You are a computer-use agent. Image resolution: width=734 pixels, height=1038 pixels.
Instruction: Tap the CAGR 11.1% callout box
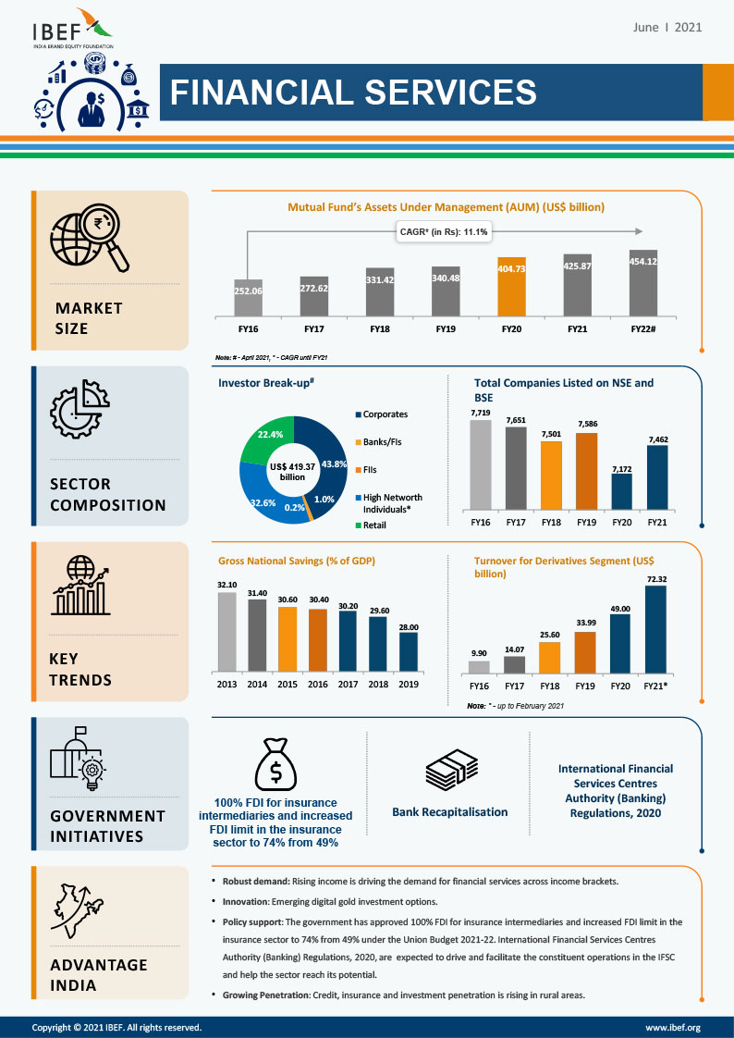coord(445,231)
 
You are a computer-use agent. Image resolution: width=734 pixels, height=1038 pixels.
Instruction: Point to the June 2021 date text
coord(667,27)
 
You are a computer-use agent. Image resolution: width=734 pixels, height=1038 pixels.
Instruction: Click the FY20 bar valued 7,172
coord(622,491)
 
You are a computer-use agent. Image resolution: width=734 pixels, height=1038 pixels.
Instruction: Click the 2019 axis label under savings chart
coord(408,685)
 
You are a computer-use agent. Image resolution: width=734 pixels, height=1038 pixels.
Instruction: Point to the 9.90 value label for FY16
coord(479,652)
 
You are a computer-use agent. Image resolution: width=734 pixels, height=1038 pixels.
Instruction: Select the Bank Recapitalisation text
coord(449,812)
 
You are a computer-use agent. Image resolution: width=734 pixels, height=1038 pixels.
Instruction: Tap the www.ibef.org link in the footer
coord(672,1028)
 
